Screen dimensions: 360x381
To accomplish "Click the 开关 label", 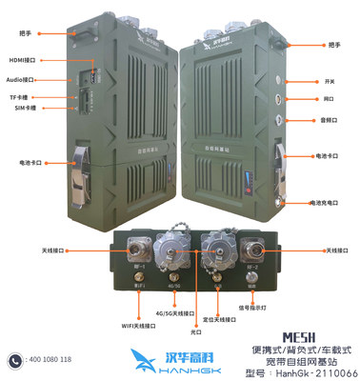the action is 330,82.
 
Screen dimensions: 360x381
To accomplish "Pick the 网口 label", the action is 330,98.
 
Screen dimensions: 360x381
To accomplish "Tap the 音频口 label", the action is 331,120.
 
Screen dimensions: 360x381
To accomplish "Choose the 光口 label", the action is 195,332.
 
